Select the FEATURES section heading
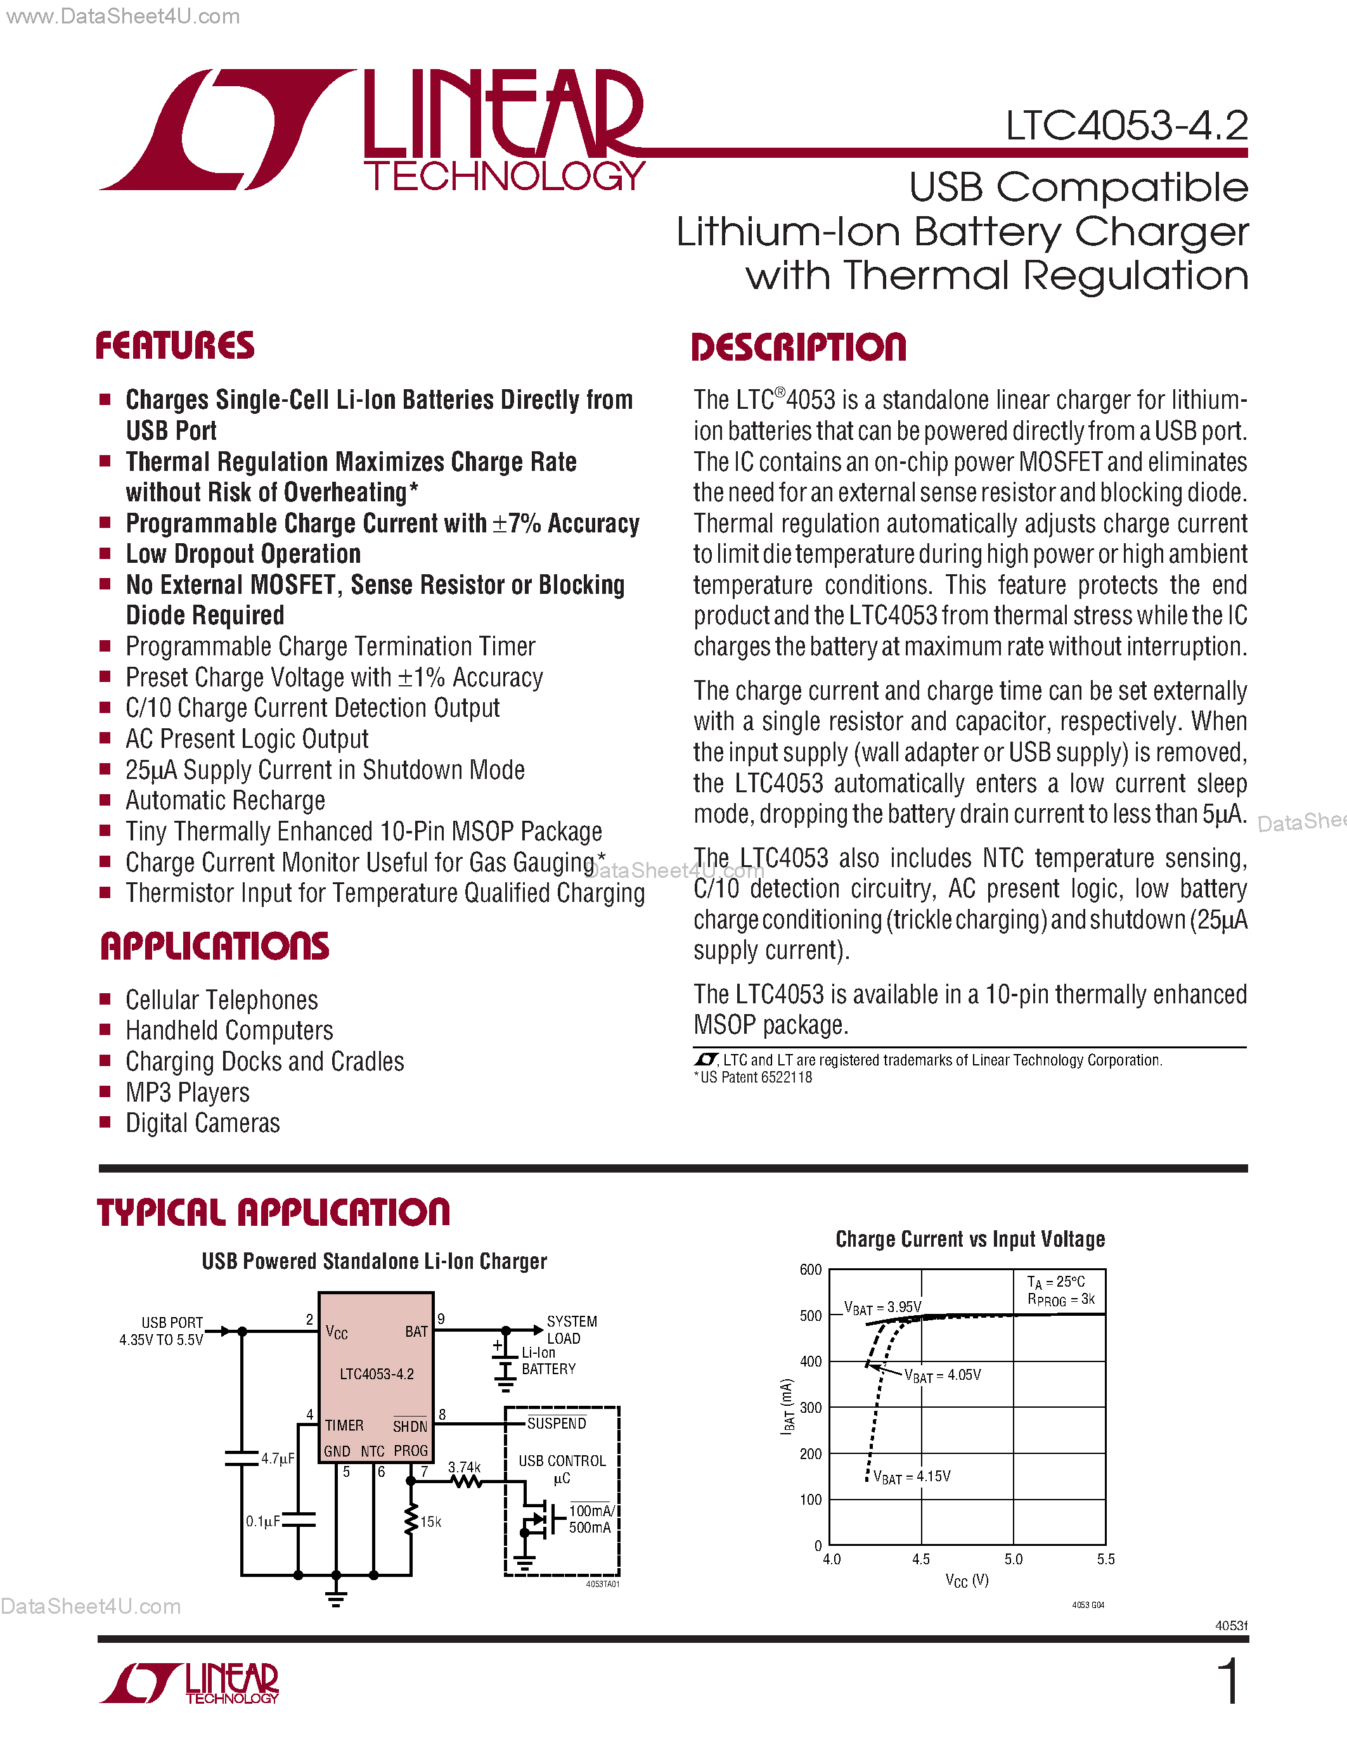tap(175, 345)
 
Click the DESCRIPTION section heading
tap(798, 348)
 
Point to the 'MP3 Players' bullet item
tap(188, 1093)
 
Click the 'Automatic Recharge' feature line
tap(225, 801)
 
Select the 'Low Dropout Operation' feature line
tap(243, 554)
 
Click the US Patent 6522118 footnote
tap(755, 1077)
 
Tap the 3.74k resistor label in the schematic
tap(463, 1467)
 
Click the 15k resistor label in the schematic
tap(431, 1522)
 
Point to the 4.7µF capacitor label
tap(278, 1458)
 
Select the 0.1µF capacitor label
tap(262, 1521)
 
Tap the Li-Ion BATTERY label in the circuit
tap(548, 1361)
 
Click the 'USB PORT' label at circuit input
tap(172, 1322)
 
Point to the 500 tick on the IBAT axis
tap(810, 1316)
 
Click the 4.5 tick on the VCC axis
tap(921, 1559)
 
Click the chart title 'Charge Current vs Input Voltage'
tap(970, 1239)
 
